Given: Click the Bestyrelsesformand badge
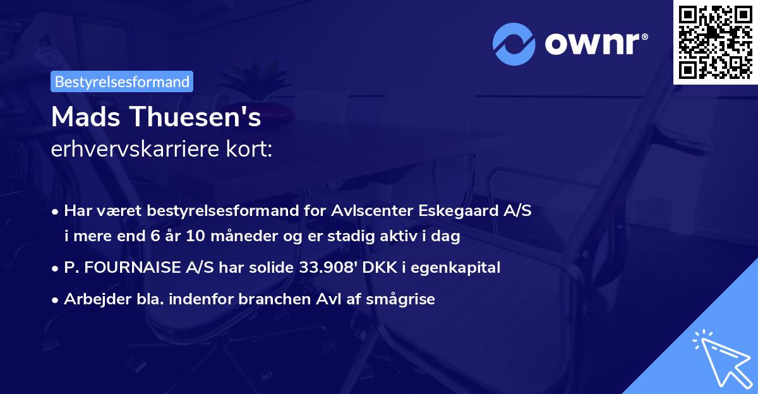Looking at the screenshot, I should click(122, 81).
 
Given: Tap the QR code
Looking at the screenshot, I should click(715, 42).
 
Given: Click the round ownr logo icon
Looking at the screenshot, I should click(514, 44).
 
